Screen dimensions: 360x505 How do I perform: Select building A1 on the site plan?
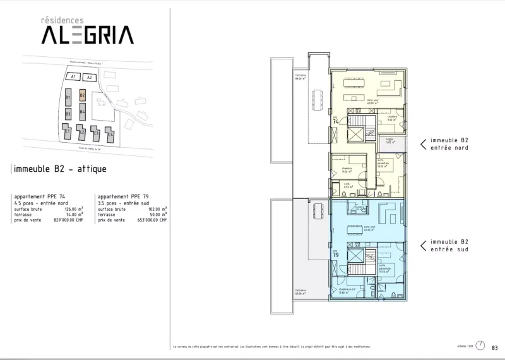tap(74, 77)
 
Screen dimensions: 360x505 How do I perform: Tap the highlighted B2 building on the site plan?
tap(82, 96)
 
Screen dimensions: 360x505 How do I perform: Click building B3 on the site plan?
tap(68, 114)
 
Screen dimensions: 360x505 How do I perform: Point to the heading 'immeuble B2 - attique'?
tap(59, 169)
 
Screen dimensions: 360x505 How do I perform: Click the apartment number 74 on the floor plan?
tap(336, 121)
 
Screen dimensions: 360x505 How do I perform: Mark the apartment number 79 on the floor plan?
tap(336, 255)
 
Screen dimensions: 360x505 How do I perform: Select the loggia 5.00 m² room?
tap(391, 141)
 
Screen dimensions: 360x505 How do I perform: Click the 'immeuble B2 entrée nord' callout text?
tap(449, 143)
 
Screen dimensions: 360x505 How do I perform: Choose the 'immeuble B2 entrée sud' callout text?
tap(449, 245)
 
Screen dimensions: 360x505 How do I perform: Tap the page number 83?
tap(495, 347)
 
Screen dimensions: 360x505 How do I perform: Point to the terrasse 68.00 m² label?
tap(300, 78)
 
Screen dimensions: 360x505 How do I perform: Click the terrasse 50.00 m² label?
tap(300, 292)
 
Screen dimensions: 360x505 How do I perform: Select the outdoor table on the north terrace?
tap(318, 100)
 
